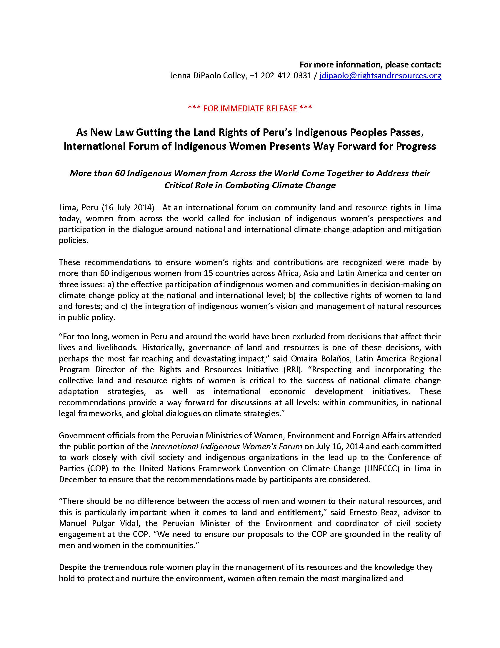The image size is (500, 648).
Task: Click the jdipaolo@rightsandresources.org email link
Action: pyautogui.click(x=380, y=76)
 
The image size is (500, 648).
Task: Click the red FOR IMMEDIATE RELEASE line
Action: pyautogui.click(x=250, y=108)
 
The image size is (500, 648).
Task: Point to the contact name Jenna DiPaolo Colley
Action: pyautogui.click(x=208, y=76)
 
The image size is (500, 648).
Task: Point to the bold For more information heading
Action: pyautogui.click(x=370, y=65)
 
